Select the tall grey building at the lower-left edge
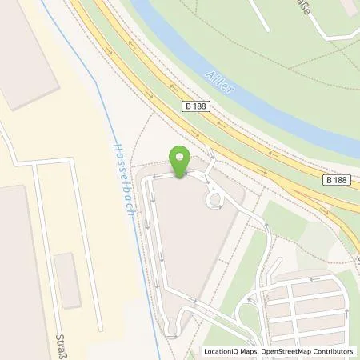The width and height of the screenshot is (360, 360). [20, 272]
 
